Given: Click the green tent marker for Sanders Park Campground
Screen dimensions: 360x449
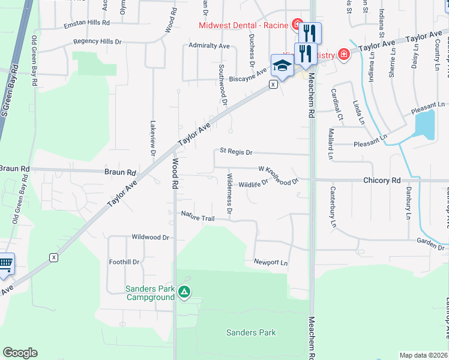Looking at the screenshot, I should (184, 293).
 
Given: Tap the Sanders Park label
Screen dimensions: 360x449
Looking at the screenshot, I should (250, 332).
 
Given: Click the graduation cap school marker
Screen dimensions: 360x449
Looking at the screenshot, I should (281, 66).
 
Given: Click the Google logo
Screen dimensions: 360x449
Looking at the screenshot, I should (20, 353).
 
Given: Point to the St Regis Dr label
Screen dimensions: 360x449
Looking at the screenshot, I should (236, 152).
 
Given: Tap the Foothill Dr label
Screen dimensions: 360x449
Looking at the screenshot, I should (124, 262).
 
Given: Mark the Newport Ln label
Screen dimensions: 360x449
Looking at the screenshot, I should (271, 263).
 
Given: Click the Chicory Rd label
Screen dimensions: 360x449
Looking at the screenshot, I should (381, 180).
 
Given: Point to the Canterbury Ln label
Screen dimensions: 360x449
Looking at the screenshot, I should (333, 207).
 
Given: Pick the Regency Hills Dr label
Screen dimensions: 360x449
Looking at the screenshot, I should (97, 42).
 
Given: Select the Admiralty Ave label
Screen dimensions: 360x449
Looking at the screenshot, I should (209, 46).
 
